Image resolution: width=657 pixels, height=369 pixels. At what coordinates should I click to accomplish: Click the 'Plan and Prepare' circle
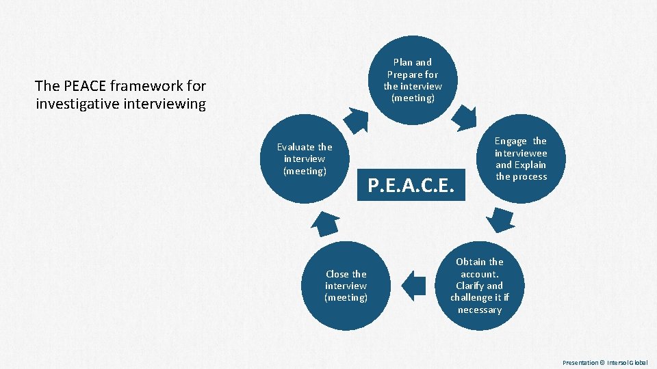click(413, 80)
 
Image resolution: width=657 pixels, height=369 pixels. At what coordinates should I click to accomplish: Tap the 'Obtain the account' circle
click(480, 286)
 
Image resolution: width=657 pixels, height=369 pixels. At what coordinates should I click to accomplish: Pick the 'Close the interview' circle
click(346, 286)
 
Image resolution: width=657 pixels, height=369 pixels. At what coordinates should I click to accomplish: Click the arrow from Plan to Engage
click(467, 117)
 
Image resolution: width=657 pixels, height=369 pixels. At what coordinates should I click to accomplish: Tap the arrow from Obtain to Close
click(413, 285)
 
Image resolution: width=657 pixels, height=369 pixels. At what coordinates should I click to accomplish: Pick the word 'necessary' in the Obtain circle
click(480, 310)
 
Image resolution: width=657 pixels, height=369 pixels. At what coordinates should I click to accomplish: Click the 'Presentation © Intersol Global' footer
click(605, 362)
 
